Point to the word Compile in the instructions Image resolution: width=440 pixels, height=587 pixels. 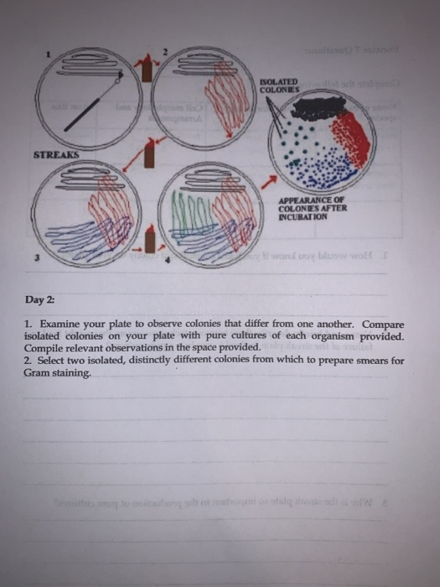point(46,348)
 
